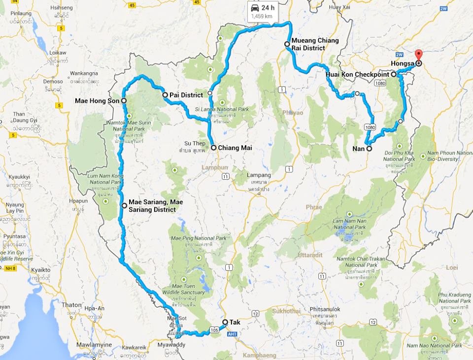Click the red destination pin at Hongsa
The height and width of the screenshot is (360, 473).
419,55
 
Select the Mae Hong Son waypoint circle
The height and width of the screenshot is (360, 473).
124,100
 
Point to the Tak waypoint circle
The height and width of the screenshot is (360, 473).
225,322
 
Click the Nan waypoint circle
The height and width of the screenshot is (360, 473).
369,148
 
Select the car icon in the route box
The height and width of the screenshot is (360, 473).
255,8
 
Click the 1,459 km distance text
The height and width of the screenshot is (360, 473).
262,16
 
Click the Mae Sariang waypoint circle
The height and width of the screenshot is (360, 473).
124,205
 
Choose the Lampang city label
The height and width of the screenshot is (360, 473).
259,175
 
